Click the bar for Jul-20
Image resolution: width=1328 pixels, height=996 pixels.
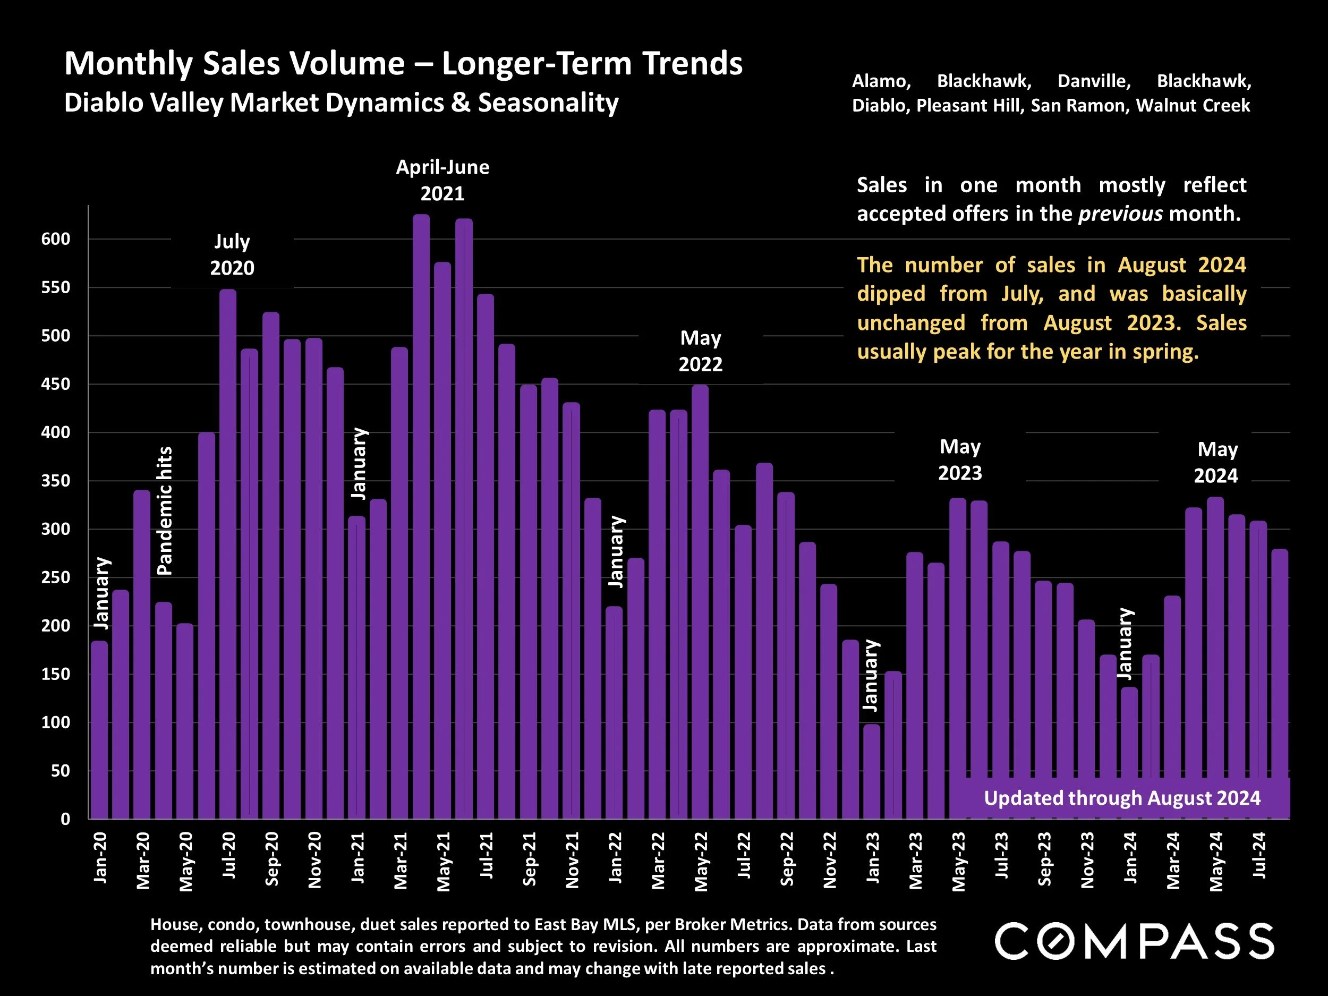coord(227,552)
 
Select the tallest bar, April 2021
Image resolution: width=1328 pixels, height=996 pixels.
coord(421,516)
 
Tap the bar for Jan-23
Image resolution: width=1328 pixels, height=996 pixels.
coord(872,771)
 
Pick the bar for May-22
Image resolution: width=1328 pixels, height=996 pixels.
coord(700,600)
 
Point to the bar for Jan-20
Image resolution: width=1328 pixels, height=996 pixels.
coord(100,729)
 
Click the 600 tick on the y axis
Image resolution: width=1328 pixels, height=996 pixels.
coord(55,239)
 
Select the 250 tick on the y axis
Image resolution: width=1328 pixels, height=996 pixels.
coord(55,577)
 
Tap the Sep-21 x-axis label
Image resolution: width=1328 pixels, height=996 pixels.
coord(529,859)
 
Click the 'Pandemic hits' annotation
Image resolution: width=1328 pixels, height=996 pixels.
coord(165,510)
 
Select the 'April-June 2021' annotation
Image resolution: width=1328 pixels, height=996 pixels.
coord(442,180)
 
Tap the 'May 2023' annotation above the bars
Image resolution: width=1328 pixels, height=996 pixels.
coord(960,460)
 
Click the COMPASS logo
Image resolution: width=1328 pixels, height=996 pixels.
coord(1134,941)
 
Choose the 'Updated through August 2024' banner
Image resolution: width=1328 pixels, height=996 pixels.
coord(1121,798)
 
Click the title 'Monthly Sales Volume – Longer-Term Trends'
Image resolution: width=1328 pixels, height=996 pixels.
coord(403,64)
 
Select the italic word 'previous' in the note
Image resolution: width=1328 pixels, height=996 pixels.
coord(1120,214)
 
